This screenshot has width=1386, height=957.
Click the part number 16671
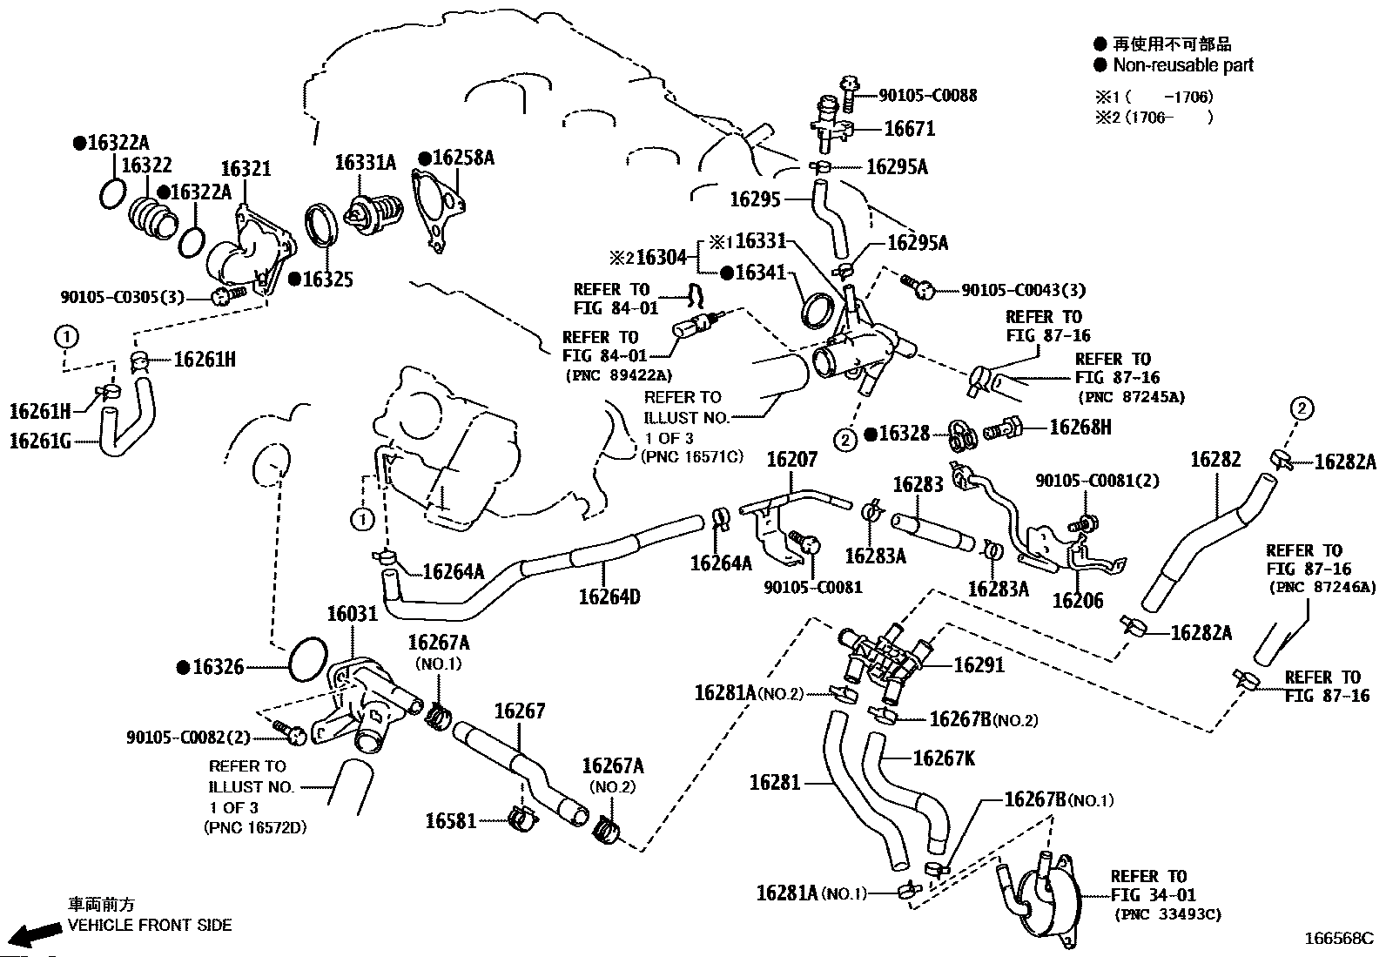coord(909,129)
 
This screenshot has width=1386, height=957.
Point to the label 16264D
coord(609,596)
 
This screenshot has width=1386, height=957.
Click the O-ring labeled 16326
coord(307,658)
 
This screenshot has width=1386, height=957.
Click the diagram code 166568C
coord(1337,939)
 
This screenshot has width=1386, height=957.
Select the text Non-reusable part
coord(1183,65)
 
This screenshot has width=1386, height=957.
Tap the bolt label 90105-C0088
coord(927,96)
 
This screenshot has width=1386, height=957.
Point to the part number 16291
coord(979,665)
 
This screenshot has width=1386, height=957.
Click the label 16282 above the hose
coord(1215,459)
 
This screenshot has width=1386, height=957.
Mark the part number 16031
coord(353,614)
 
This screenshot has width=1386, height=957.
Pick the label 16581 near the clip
coord(451,820)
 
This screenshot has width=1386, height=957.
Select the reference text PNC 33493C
coord(1167,914)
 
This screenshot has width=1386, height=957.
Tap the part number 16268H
coord(1080,427)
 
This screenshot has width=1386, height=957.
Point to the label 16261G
coord(40,441)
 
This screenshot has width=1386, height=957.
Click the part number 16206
coord(1078,600)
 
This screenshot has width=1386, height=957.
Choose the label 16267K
coord(944,758)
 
